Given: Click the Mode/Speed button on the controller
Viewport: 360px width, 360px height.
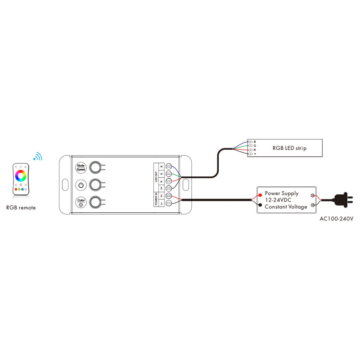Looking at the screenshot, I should click(x=81, y=167).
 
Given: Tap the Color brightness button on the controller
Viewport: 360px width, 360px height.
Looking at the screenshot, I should click(x=81, y=202).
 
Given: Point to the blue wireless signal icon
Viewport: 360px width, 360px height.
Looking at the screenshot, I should click(x=38, y=157).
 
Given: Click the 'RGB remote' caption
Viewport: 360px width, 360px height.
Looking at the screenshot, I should click(x=21, y=208).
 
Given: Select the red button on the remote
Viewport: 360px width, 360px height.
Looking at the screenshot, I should click(x=16, y=189).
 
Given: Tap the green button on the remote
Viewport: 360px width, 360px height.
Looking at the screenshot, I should click(x=19, y=189).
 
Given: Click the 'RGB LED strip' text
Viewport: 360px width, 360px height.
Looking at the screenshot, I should click(x=290, y=148).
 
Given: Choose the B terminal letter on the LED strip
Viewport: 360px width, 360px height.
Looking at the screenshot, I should click(x=255, y=142).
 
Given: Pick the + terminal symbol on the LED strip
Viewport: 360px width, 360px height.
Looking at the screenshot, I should click(x=255, y=154).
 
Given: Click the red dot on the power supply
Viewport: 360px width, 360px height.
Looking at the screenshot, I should click(x=261, y=195).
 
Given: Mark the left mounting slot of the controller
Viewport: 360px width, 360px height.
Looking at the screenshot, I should click(x=64, y=185).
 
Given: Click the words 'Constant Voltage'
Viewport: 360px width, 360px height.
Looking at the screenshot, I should click(x=286, y=207).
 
